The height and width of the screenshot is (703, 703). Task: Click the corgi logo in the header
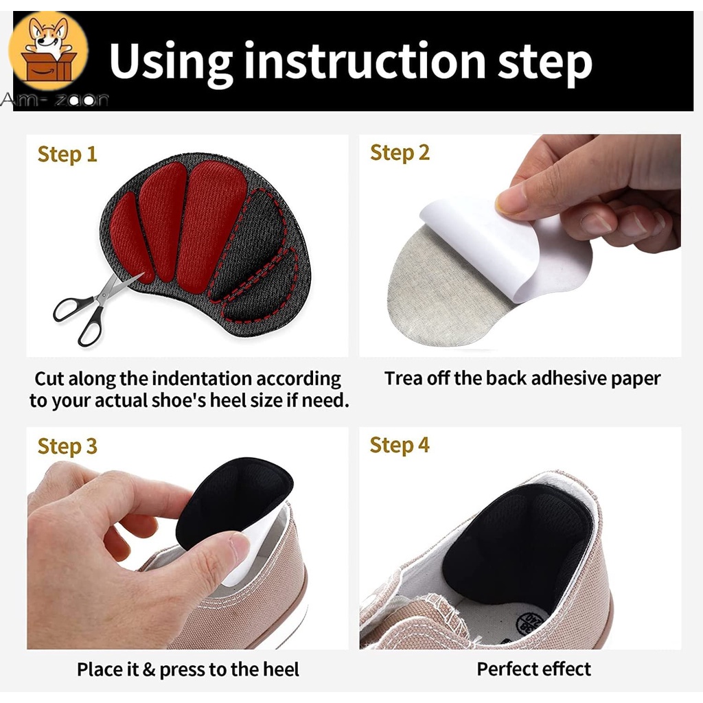click(49, 50)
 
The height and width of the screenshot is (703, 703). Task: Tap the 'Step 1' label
click(67, 154)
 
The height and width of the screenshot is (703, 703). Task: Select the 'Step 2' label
click(400, 153)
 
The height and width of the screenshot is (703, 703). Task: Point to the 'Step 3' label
click(67, 446)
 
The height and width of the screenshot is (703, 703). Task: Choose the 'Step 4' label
click(400, 445)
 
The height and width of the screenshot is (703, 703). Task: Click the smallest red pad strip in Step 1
click(130, 238)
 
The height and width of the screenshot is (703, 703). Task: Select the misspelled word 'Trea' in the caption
click(404, 378)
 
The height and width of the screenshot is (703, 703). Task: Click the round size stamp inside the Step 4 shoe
click(531, 623)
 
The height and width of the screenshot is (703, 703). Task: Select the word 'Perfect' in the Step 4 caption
click(505, 669)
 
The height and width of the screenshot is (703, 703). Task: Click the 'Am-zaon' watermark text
click(54, 99)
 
